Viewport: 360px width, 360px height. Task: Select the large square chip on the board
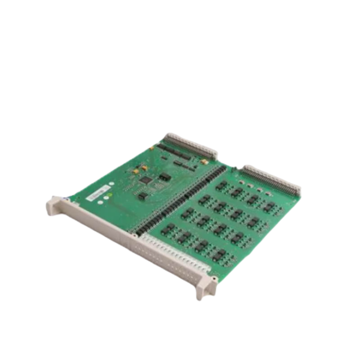147,179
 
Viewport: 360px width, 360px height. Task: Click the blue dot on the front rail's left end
59,206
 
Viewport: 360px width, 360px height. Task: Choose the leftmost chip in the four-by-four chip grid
168,228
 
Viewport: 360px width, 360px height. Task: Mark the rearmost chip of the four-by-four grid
221,183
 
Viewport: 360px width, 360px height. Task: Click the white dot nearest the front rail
101,204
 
